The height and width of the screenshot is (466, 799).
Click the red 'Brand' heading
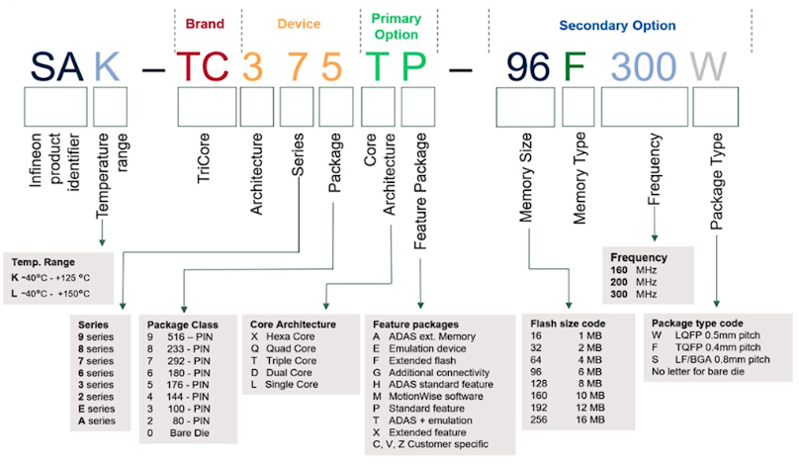point(205,23)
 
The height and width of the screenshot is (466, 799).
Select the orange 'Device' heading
point(299,23)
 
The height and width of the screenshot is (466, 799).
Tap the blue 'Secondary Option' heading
point(618,25)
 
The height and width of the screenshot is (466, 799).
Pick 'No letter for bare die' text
point(705,373)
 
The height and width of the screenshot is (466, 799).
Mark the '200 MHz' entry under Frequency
point(633,282)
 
